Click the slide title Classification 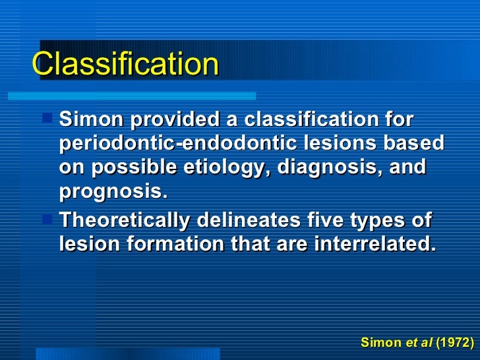125,64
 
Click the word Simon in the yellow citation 380,343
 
